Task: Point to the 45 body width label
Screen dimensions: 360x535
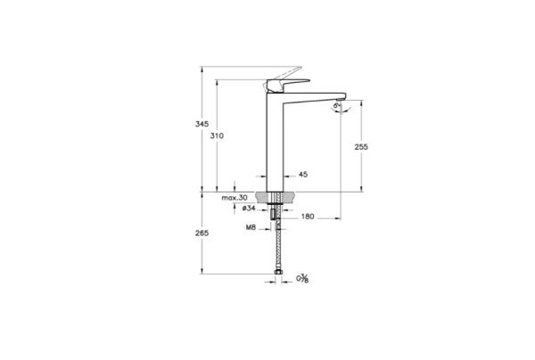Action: (303, 176)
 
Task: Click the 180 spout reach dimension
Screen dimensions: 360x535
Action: (308, 217)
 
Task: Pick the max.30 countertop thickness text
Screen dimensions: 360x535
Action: (235, 197)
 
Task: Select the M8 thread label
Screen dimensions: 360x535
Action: (251, 227)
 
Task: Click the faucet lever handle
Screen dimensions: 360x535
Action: (276, 83)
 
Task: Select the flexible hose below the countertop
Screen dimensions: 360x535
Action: (276, 245)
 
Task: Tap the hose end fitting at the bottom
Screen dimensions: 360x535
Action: (276, 270)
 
